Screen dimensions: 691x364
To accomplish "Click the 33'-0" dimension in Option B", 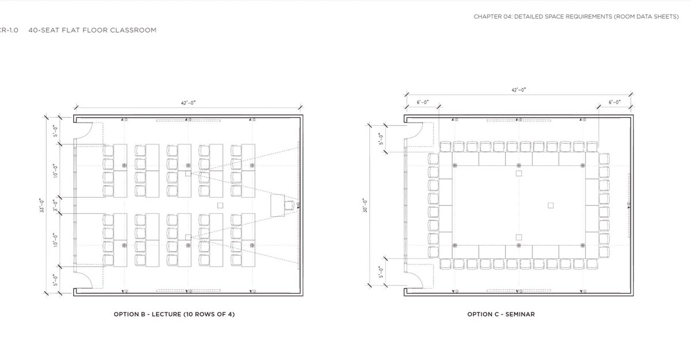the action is tap(42, 205).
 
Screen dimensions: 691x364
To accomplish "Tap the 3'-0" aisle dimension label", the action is tap(55, 205).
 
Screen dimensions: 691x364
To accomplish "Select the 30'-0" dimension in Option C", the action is tap(365, 205).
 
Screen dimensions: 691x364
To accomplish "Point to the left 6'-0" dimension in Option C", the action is tap(423, 102).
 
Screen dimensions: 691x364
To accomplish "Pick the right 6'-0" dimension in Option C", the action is tap(614, 102).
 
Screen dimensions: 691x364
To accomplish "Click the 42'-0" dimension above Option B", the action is tap(188, 103).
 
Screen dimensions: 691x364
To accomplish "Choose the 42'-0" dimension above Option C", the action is tap(519, 90).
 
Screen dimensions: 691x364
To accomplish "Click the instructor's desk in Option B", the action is tap(278, 205).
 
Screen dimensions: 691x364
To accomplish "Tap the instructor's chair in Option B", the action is tap(289, 205).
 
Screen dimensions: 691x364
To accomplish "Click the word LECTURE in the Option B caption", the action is tap(166, 315).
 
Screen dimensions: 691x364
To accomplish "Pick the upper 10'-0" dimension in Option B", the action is tap(55, 171).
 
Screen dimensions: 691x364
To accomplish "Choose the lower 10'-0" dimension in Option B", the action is tap(55, 240).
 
